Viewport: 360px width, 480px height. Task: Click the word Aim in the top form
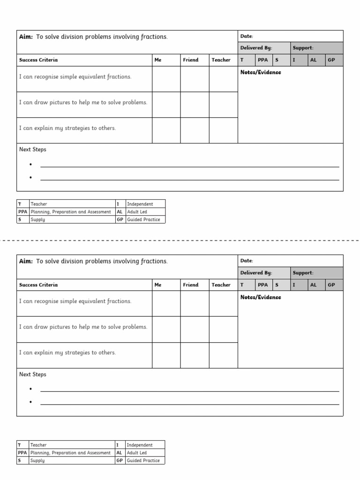pos(26,37)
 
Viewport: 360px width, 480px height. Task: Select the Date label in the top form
pos(247,36)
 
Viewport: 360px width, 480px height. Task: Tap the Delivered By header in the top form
pos(256,48)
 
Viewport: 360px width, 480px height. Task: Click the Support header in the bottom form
pos(303,273)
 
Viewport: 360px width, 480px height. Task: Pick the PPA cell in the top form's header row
pos(262,60)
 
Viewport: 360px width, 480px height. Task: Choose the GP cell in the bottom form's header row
pos(331,285)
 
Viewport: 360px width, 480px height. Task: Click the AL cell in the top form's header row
pos(313,60)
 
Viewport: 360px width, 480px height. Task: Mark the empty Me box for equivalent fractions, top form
pos(166,79)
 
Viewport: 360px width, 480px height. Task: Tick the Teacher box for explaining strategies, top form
pos(223,130)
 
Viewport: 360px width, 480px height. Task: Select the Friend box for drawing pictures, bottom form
pos(195,329)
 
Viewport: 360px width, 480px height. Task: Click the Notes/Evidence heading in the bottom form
pos(261,297)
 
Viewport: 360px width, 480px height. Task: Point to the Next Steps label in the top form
pos(33,150)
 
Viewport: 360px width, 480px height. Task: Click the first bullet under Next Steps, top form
pos(31,165)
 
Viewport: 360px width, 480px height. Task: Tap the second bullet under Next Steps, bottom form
pos(31,403)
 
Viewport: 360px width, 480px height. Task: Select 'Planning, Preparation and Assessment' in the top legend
pos(70,212)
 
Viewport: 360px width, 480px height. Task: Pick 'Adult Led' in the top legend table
pos(137,212)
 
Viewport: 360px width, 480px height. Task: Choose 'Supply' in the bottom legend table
pos(37,460)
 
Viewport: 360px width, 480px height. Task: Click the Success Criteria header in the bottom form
pos(38,285)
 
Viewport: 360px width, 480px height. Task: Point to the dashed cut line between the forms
pos(180,240)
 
